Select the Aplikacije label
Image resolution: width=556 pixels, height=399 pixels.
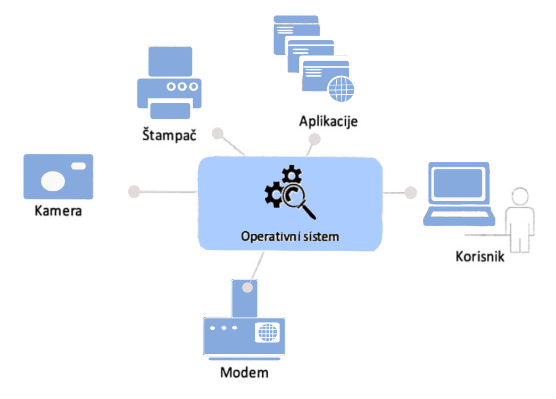(328, 121)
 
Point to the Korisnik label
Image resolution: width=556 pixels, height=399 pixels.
(480, 256)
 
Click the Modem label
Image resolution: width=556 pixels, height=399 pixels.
(244, 372)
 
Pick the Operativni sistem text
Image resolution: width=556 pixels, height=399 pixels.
(289, 236)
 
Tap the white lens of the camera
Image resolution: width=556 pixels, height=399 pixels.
(53, 181)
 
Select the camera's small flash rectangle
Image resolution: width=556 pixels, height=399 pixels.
(78, 166)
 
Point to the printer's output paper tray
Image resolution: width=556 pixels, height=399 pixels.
(170, 110)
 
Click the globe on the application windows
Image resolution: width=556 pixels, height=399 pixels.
(341, 88)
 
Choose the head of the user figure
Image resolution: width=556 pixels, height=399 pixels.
(520, 197)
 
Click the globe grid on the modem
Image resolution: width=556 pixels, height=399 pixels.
(268, 332)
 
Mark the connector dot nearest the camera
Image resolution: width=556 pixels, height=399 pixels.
(134, 191)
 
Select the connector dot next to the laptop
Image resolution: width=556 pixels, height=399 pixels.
(410, 192)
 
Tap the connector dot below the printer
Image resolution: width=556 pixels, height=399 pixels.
(217, 133)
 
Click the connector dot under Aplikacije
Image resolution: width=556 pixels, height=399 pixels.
(314, 139)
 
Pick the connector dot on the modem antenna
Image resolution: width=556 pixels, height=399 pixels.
(247, 288)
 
